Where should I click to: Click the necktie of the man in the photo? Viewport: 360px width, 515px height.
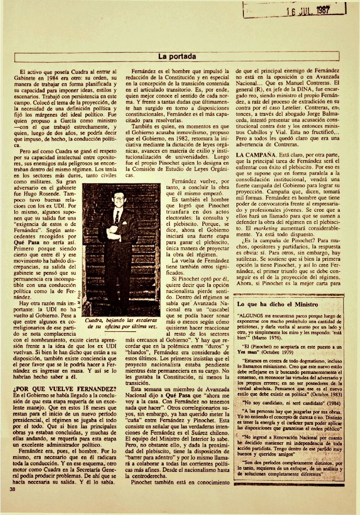(x=117, y=217)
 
